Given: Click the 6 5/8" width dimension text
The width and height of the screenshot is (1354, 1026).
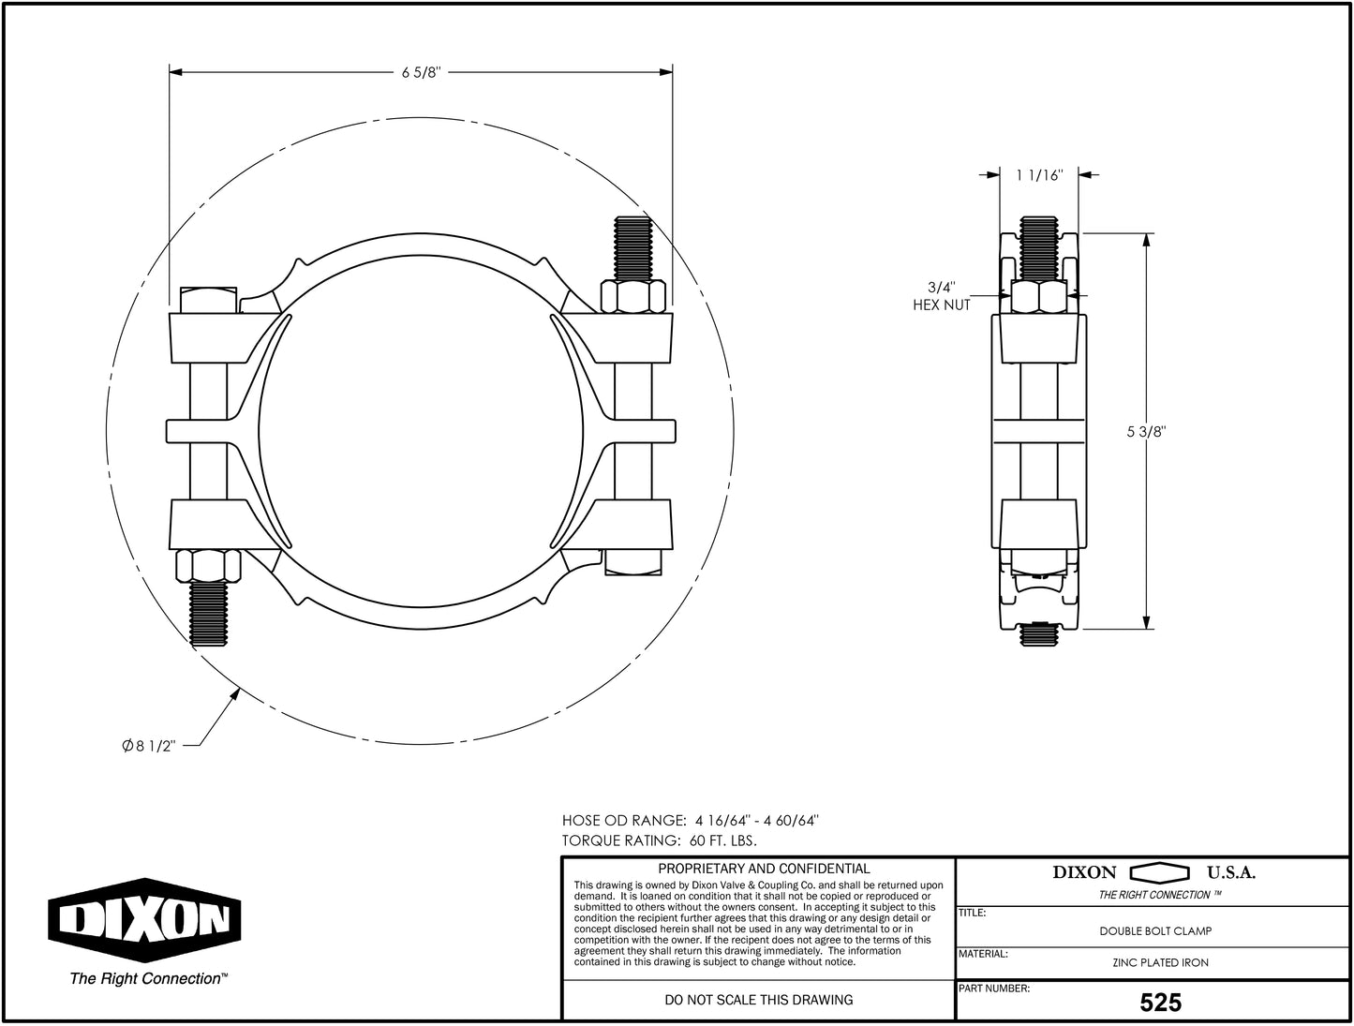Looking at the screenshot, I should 421,73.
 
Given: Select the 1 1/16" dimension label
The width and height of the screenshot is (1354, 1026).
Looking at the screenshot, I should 1039,175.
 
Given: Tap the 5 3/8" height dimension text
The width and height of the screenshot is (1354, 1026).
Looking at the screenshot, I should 1145,432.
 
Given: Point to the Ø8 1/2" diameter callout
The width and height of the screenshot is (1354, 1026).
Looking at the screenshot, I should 149,746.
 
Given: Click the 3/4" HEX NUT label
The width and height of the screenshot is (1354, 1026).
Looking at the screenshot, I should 942,297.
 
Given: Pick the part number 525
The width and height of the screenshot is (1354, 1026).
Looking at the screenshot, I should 1160,1004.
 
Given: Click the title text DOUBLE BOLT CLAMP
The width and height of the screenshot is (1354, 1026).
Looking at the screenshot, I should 1155,931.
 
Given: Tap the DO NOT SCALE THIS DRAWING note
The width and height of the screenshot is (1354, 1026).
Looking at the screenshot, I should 758,1000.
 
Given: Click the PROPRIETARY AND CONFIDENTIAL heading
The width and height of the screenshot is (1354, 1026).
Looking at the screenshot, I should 764,869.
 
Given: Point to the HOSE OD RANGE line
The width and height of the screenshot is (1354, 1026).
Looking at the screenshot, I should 691,820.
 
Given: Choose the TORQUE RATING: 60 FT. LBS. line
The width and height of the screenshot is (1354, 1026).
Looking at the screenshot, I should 659,840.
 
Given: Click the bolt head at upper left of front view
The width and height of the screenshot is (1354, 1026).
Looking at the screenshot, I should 207,299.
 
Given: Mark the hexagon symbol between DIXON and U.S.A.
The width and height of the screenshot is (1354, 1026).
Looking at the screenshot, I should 1160,873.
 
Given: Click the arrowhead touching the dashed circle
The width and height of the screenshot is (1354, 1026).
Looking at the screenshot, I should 235,694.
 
